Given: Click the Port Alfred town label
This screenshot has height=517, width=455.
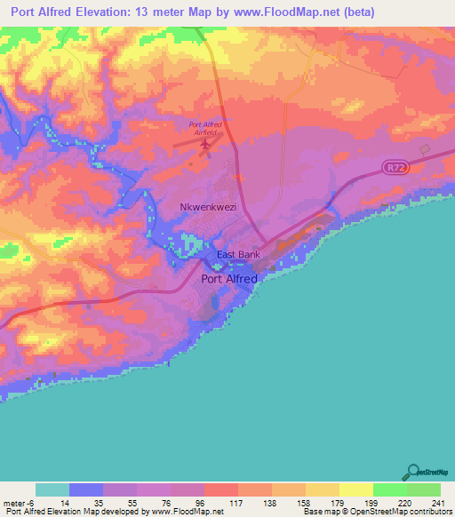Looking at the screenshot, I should click(229, 278).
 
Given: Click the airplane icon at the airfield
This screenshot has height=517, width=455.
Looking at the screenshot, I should click(206, 142).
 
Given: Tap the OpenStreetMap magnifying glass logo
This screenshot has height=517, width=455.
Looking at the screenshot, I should click(413, 472).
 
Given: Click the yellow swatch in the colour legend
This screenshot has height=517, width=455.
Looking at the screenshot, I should click(356, 489).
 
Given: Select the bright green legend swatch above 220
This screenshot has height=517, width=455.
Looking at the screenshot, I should click(390, 489).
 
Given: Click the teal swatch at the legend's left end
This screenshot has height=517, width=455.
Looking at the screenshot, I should click(52, 489).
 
